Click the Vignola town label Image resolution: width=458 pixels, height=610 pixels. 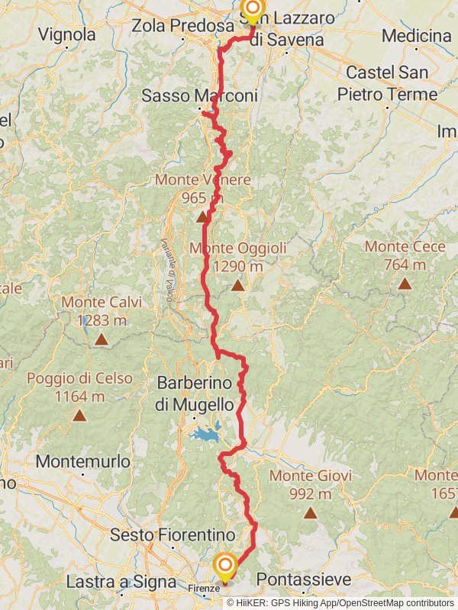[x=66, y=34]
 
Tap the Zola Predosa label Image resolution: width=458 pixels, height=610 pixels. [x=182, y=25]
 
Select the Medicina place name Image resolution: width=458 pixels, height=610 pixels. [x=416, y=36]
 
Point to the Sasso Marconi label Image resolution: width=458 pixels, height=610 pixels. [x=199, y=96]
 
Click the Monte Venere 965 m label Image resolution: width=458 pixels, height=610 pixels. [x=202, y=189]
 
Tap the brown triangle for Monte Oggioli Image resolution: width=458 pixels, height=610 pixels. [x=237, y=286]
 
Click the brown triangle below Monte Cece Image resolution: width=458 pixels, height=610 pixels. [x=404, y=284]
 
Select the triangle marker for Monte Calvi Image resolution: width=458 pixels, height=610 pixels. [x=101, y=339]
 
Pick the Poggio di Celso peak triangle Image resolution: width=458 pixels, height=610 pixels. [x=79, y=416]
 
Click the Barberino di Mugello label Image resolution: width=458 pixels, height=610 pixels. [x=194, y=393]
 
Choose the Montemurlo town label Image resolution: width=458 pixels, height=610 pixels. [x=82, y=461]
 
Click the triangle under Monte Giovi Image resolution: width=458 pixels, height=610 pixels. [x=310, y=512]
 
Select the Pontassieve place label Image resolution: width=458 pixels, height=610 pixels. [x=304, y=580]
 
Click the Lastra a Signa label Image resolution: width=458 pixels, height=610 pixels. [x=111, y=582]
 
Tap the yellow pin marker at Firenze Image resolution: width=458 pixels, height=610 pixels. [x=225, y=567]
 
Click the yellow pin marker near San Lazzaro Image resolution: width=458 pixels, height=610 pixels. [x=252, y=9]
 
